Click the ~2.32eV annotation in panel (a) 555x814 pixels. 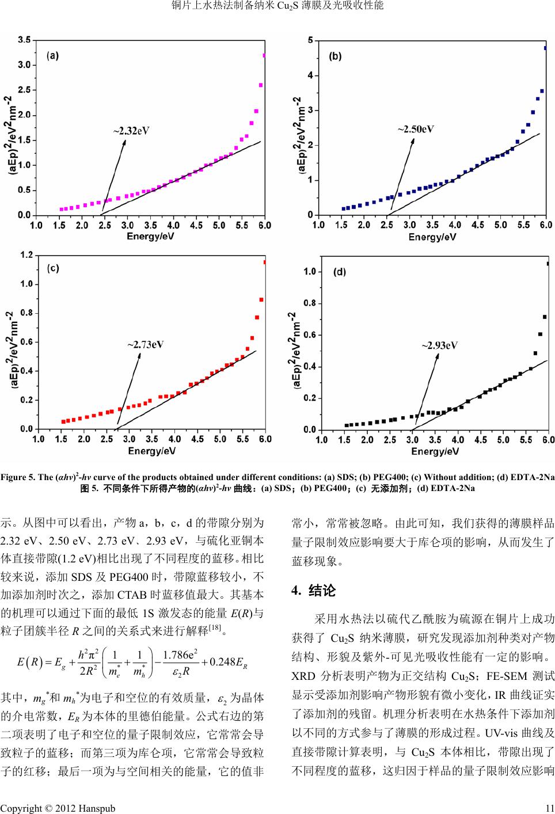131,131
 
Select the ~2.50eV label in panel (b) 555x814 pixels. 416,129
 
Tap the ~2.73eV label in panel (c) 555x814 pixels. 145,345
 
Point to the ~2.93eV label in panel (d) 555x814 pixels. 439,345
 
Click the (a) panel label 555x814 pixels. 53,56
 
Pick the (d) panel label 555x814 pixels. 340,272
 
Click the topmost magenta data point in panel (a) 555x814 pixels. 264,56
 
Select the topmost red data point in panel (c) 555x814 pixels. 265,263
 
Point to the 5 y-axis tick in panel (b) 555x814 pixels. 310,40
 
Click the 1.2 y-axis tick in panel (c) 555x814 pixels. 26,254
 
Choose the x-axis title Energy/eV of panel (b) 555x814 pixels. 432,237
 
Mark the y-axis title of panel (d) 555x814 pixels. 293,352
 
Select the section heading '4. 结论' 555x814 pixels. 313,591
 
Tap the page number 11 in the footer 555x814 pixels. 549,808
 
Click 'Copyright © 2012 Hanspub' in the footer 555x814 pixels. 58,808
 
